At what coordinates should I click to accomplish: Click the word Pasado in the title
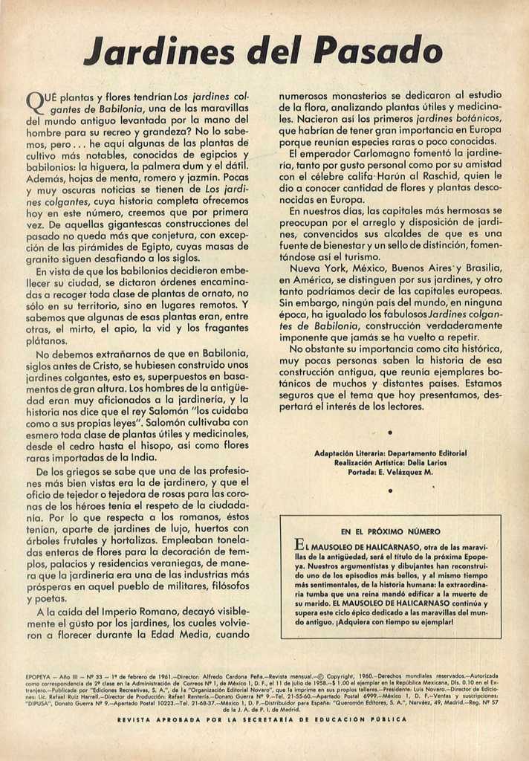tap(378, 51)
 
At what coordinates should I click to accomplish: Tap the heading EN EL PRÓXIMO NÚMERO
tap(390, 531)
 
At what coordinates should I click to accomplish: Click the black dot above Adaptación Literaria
tap(390, 432)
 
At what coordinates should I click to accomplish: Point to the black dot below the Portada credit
tap(390, 490)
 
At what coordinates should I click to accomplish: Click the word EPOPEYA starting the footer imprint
tap(37, 676)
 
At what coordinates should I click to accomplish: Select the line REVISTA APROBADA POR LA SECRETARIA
tap(262, 719)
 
